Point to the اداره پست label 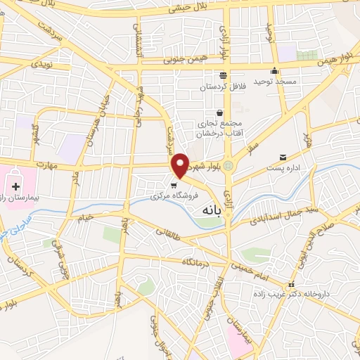tap(283, 168)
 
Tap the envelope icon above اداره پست tap(283, 156)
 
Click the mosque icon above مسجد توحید tap(275, 71)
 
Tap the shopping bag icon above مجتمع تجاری tap(219, 112)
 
